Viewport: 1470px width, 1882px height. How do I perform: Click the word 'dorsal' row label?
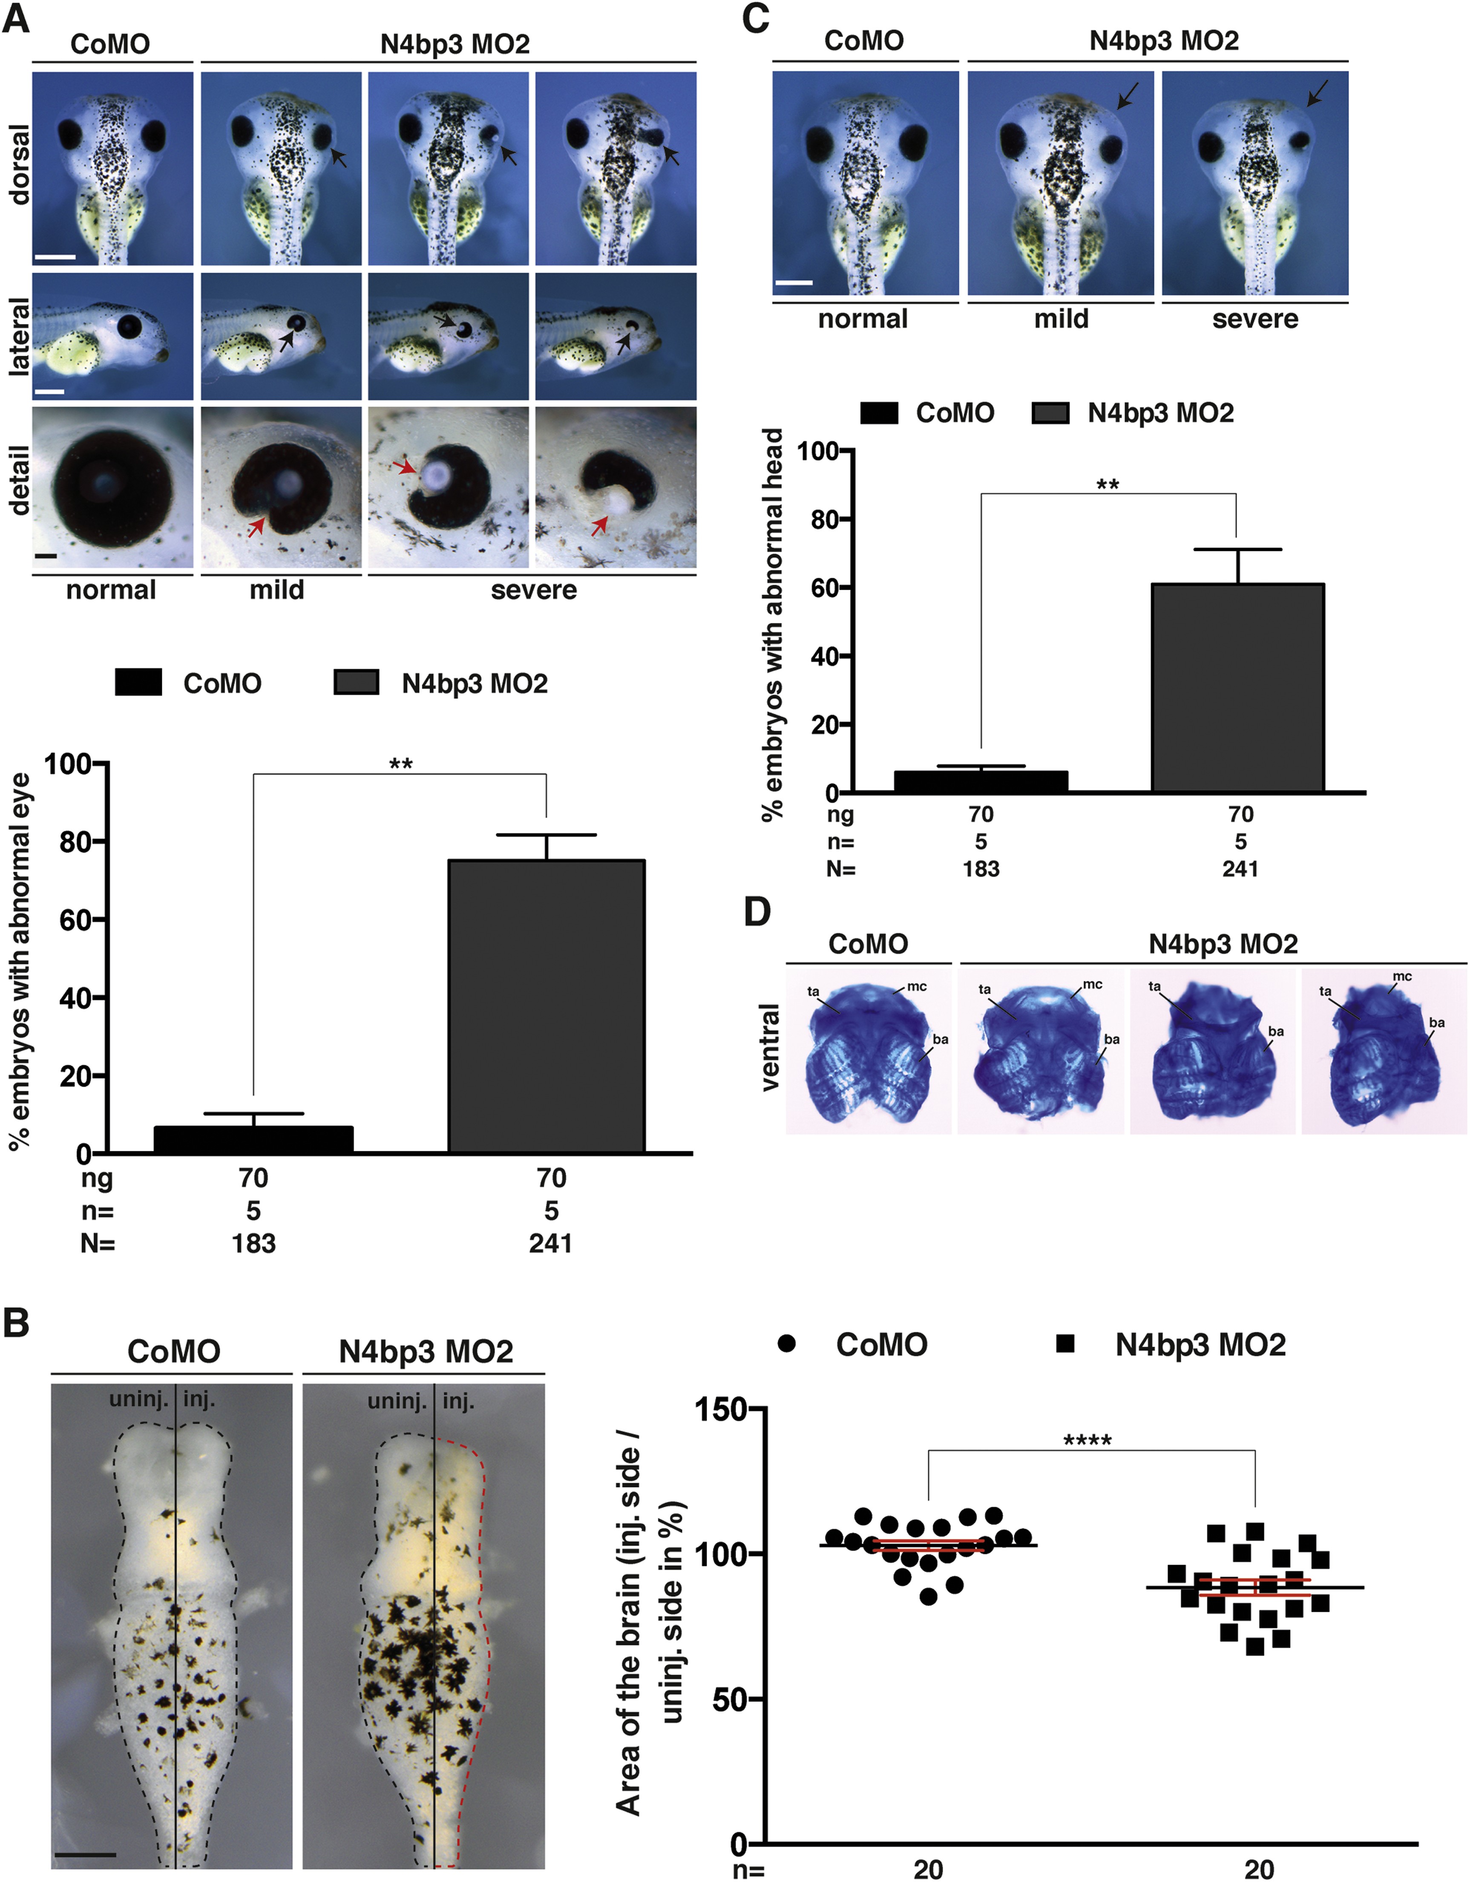pyautogui.click(x=19, y=164)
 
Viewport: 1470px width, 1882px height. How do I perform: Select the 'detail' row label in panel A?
pyautogui.click(x=19, y=480)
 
